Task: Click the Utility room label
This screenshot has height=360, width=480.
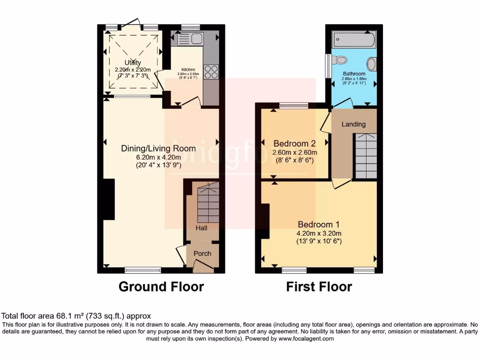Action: pyautogui.click(x=133, y=63)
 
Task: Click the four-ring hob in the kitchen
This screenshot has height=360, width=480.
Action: pyautogui.click(x=211, y=72)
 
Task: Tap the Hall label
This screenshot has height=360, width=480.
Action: pyautogui.click(x=201, y=228)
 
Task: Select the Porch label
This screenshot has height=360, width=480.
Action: pyautogui.click(x=202, y=254)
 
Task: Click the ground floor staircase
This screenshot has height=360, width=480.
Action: pyautogui.click(x=208, y=204)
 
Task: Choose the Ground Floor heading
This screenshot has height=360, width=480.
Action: pyautogui.click(x=161, y=286)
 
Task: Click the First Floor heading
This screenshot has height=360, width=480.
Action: pyautogui.click(x=319, y=286)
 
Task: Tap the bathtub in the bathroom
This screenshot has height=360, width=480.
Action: pyautogui.click(x=353, y=40)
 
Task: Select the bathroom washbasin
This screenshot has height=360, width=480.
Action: pyautogui.click(x=371, y=64)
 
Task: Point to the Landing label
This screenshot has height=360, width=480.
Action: pyautogui.click(x=353, y=124)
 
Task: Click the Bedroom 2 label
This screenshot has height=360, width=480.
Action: pyautogui.click(x=294, y=143)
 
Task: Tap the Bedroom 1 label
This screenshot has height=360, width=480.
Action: pyautogui.click(x=318, y=224)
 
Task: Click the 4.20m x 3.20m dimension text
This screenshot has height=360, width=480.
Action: pyautogui.click(x=318, y=233)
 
